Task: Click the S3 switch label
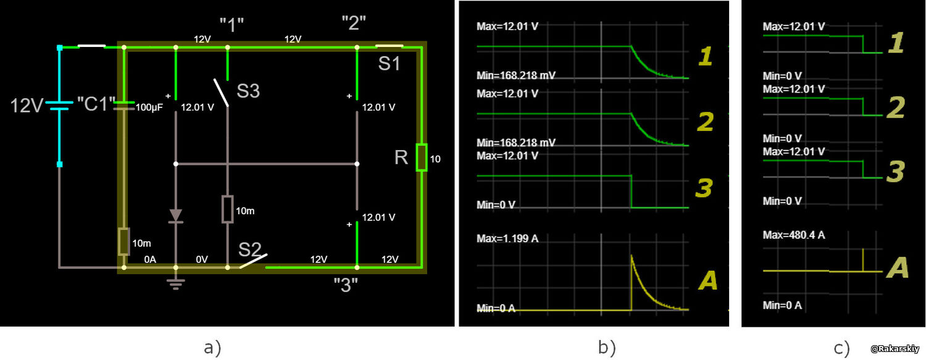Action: (x=248, y=91)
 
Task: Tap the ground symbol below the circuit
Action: (x=176, y=284)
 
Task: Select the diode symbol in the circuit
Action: (x=176, y=216)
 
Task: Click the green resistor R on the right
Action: (x=422, y=157)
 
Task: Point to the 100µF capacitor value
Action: (x=149, y=107)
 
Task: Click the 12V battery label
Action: (x=27, y=106)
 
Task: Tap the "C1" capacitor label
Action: (x=96, y=104)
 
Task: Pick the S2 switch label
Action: (x=249, y=249)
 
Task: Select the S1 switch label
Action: (x=389, y=63)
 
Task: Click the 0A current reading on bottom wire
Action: (x=150, y=259)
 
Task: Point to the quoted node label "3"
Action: (x=346, y=285)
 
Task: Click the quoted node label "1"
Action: (x=231, y=25)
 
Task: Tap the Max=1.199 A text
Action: (x=507, y=238)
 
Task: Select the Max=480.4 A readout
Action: (x=794, y=235)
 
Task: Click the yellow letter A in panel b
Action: (x=707, y=280)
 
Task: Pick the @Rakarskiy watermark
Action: (x=895, y=349)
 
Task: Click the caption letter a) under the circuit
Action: (x=212, y=348)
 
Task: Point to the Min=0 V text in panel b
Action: (x=496, y=204)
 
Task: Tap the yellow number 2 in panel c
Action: (x=896, y=107)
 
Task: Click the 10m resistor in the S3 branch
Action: (x=227, y=209)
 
